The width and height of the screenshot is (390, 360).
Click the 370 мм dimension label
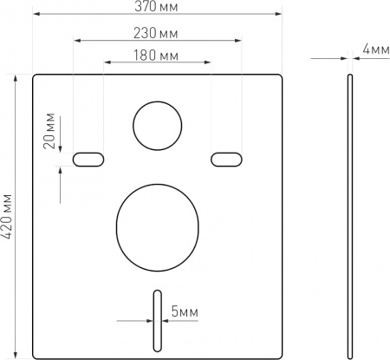click(156, 7)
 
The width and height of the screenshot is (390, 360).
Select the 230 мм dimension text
click(155, 33)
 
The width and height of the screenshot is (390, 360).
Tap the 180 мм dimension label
click(156, 56)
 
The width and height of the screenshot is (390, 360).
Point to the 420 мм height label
click(6, 216)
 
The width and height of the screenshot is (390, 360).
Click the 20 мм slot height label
click(49, 130)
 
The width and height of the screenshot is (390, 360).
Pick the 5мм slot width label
click(185, 312)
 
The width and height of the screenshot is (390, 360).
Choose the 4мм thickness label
click(376, 49)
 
